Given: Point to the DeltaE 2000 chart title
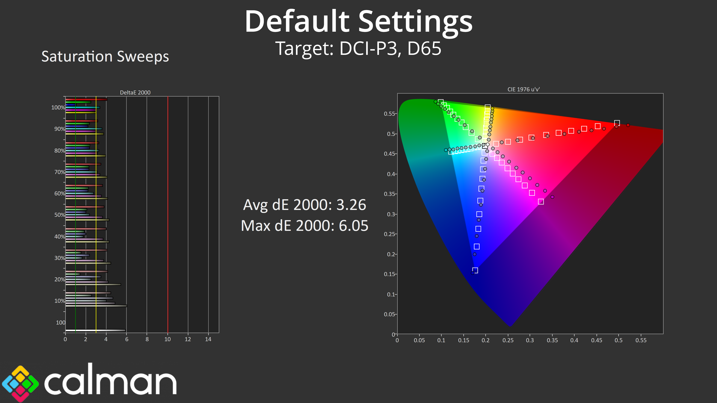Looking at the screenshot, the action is coord(135,92).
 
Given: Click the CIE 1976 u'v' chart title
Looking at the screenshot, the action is coord(524,89).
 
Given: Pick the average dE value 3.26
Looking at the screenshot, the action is coord(351,205).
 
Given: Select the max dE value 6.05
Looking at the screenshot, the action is coord(353,226).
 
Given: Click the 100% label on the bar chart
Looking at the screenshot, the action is coord(58,108).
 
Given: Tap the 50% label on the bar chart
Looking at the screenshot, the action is coord(60,215).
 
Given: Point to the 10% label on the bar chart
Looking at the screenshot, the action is coord(60,301).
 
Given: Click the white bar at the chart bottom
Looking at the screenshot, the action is coord(95,330).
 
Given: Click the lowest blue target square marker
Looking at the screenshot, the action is coord(475,270).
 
